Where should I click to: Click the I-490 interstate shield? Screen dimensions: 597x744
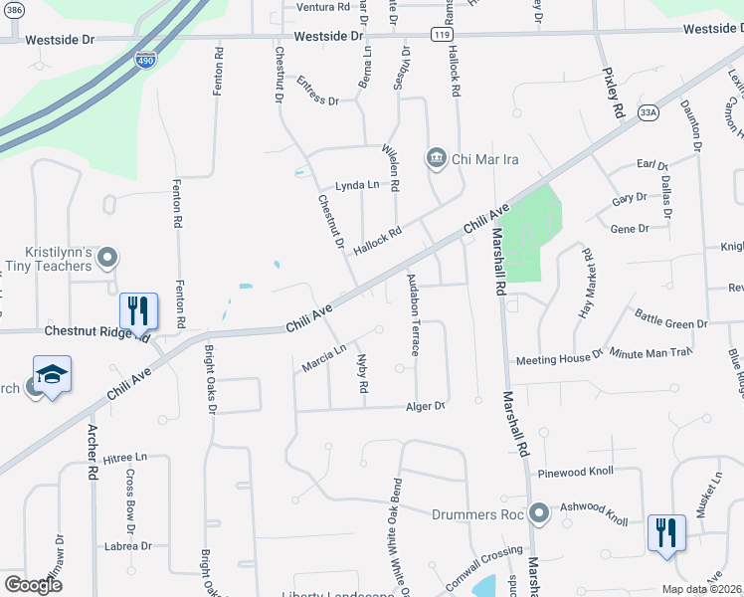pos(145,60)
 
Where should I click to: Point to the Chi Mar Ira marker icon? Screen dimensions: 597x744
pos(436,158)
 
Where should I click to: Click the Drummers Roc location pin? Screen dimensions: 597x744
pos(539,514)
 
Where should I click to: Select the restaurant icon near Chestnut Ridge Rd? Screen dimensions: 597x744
pos(138,310)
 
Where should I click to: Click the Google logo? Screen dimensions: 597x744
pos(33,584)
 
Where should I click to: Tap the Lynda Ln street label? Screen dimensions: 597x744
pos(357,185)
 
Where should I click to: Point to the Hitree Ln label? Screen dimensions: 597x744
pos(124,457)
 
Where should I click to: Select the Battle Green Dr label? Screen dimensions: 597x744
pos(671,323)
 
